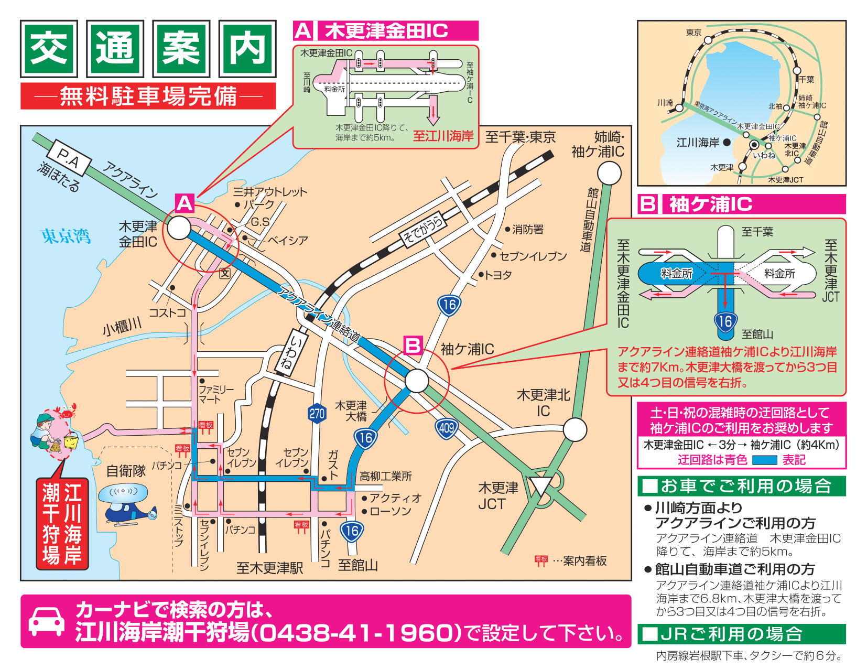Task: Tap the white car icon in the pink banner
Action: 47,621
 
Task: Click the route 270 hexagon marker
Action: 317,414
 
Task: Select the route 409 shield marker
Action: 447,428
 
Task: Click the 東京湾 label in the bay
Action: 66,236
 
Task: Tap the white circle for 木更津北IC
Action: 575,430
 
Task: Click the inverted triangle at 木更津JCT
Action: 540,485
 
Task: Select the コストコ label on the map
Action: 167,312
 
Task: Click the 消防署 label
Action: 527,230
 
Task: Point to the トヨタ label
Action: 497,275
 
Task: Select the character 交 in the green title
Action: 49,48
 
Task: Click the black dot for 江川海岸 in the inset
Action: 727,142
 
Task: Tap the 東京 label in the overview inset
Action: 693,33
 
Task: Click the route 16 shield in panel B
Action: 725,321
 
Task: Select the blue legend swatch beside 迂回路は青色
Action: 764,460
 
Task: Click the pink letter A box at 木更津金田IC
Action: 185,203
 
